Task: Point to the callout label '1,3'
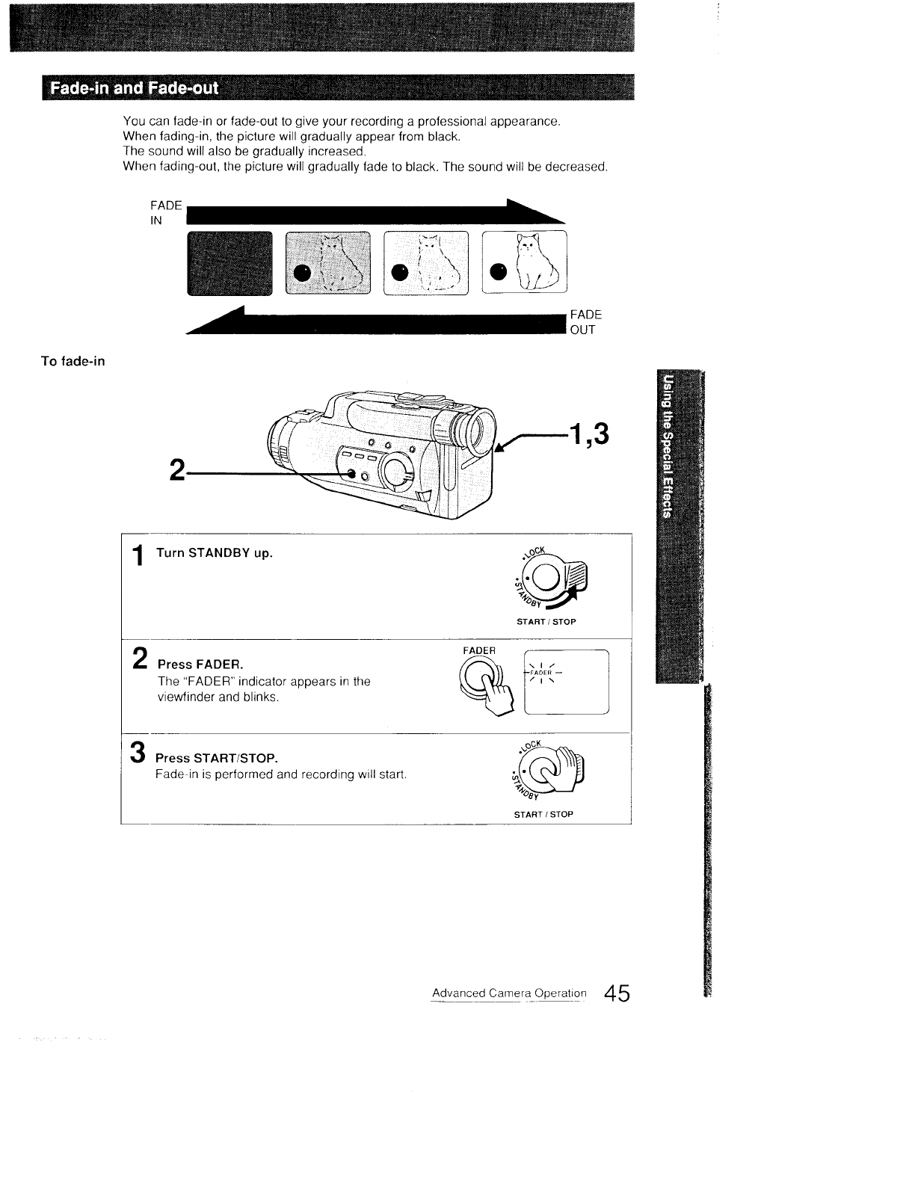pyautogui.click(x=589, y=432)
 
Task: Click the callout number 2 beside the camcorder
pyautogui.click(x=177, y=470)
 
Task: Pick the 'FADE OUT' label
pyautogui.click(x=585, y=322)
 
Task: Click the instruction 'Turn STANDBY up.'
pyautogui.click(x=214, y=554)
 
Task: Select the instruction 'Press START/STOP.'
pyautogui.click(x=216, y=759)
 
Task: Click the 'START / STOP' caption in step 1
pyautogui.click(x=545, y=622)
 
